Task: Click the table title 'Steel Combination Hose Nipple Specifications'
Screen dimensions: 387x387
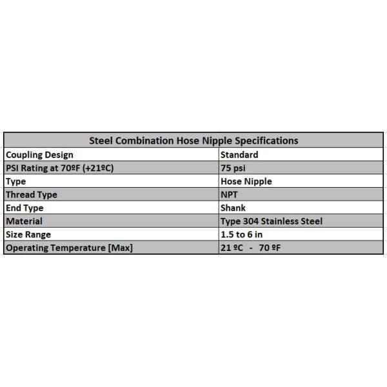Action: pos(193,140)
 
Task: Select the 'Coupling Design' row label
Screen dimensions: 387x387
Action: pos(39,155)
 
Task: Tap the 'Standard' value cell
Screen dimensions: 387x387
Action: pos(239,155)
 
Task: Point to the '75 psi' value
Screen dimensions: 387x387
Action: pos(233,168)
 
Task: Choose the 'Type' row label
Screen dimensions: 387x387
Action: pos(15,181)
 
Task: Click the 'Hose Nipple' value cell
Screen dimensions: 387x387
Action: pos(246,181)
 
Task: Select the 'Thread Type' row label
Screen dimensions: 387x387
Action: pos(31,195)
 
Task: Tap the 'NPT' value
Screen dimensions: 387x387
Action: pos(230,195)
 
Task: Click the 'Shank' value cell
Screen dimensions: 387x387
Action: pos(233,208)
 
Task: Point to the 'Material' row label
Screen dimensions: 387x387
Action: pos(24,221)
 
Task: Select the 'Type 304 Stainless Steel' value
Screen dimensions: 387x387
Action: pos(272,221)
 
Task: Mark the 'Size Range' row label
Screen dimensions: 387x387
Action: pos(28,234)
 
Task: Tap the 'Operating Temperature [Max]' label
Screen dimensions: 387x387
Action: pos(68,248)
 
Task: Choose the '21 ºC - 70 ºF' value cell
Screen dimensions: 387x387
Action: pos(250,248)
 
